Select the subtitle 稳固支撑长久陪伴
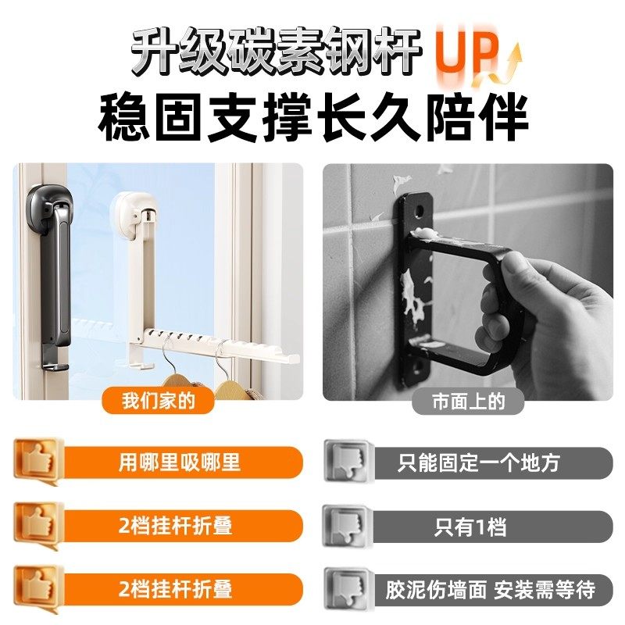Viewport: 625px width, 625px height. (x=312, y=118)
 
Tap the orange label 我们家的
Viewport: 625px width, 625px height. (x=157, y=402)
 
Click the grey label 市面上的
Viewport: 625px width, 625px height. (x=468, y=402)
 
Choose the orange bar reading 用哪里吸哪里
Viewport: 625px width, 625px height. (x=179, y=462)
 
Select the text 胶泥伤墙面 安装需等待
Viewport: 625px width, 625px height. (x=490, y=589)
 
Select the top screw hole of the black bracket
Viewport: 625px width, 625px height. (x=421, y=209)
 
